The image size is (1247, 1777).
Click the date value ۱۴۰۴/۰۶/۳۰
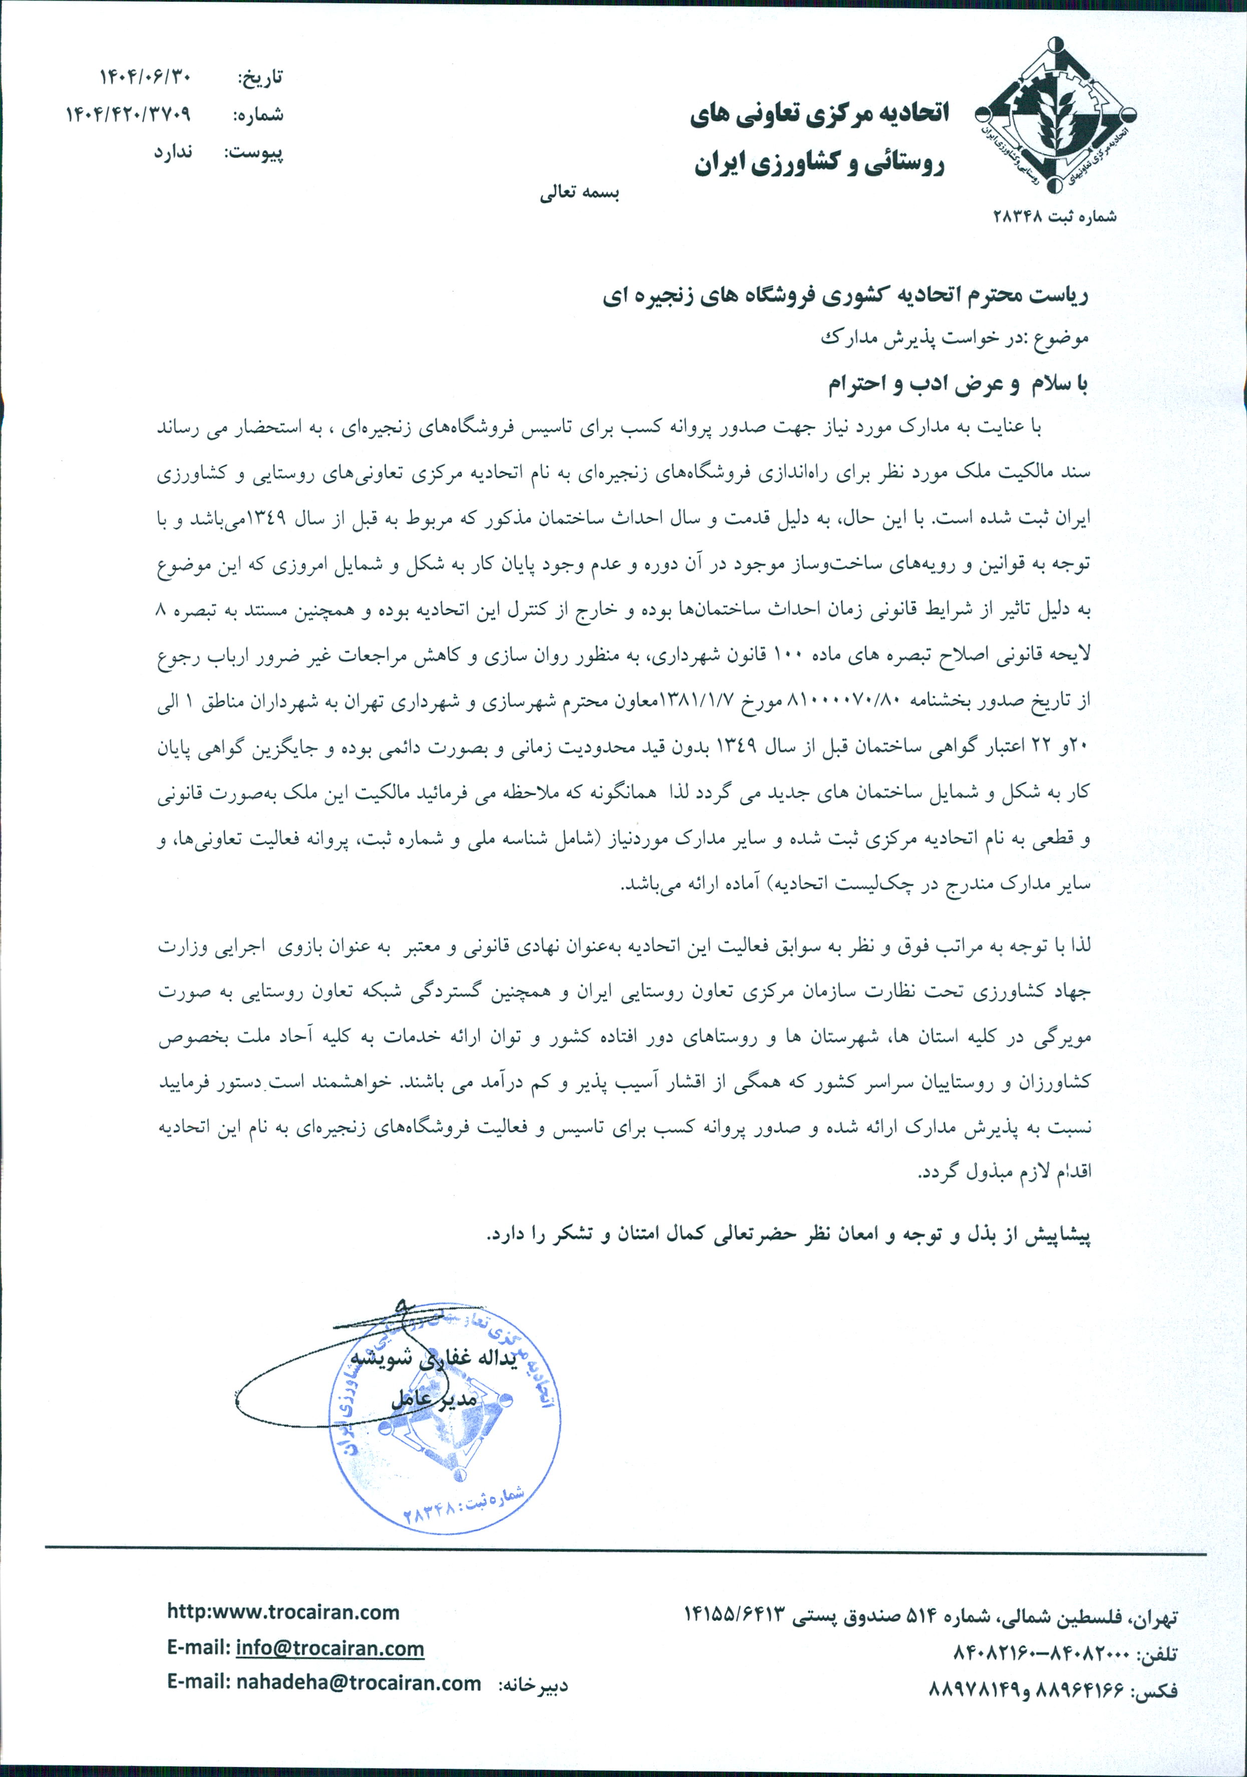pos(145,77)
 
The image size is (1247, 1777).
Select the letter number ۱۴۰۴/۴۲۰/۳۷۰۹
pos(128,115)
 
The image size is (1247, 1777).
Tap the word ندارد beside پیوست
pos(172,152)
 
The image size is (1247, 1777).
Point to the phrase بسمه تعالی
pos(579,193)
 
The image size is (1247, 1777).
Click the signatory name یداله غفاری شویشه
pos(433,1360)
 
